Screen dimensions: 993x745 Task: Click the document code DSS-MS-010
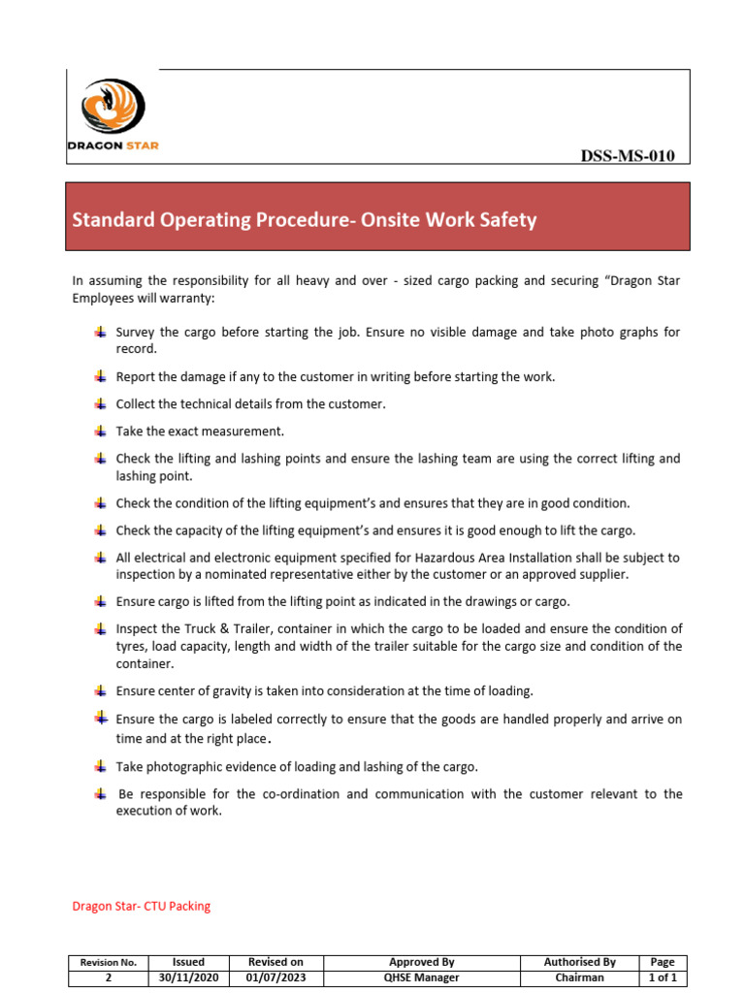(x=628, y=156)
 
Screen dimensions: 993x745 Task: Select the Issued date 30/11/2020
(x=188, y=977)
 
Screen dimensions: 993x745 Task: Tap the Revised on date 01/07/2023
(x=276, y=977)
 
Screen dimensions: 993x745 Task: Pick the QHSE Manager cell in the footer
(x=422, y=977)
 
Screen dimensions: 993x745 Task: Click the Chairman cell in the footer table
(x=580, y=977)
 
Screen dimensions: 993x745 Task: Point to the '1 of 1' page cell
(x=663, y=977)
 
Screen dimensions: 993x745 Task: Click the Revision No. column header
(x=109, y=962)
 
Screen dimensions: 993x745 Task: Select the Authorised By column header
(x=580, y=962)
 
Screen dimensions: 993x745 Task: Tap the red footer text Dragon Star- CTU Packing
(x=142, y=907)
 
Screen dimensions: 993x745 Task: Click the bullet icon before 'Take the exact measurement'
(x=101, y=431)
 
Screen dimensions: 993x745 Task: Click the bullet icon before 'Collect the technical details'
(x=101, y=403)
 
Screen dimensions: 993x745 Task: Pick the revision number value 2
(x=109, y=977)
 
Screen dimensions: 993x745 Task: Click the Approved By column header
(x=422, y=962)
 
